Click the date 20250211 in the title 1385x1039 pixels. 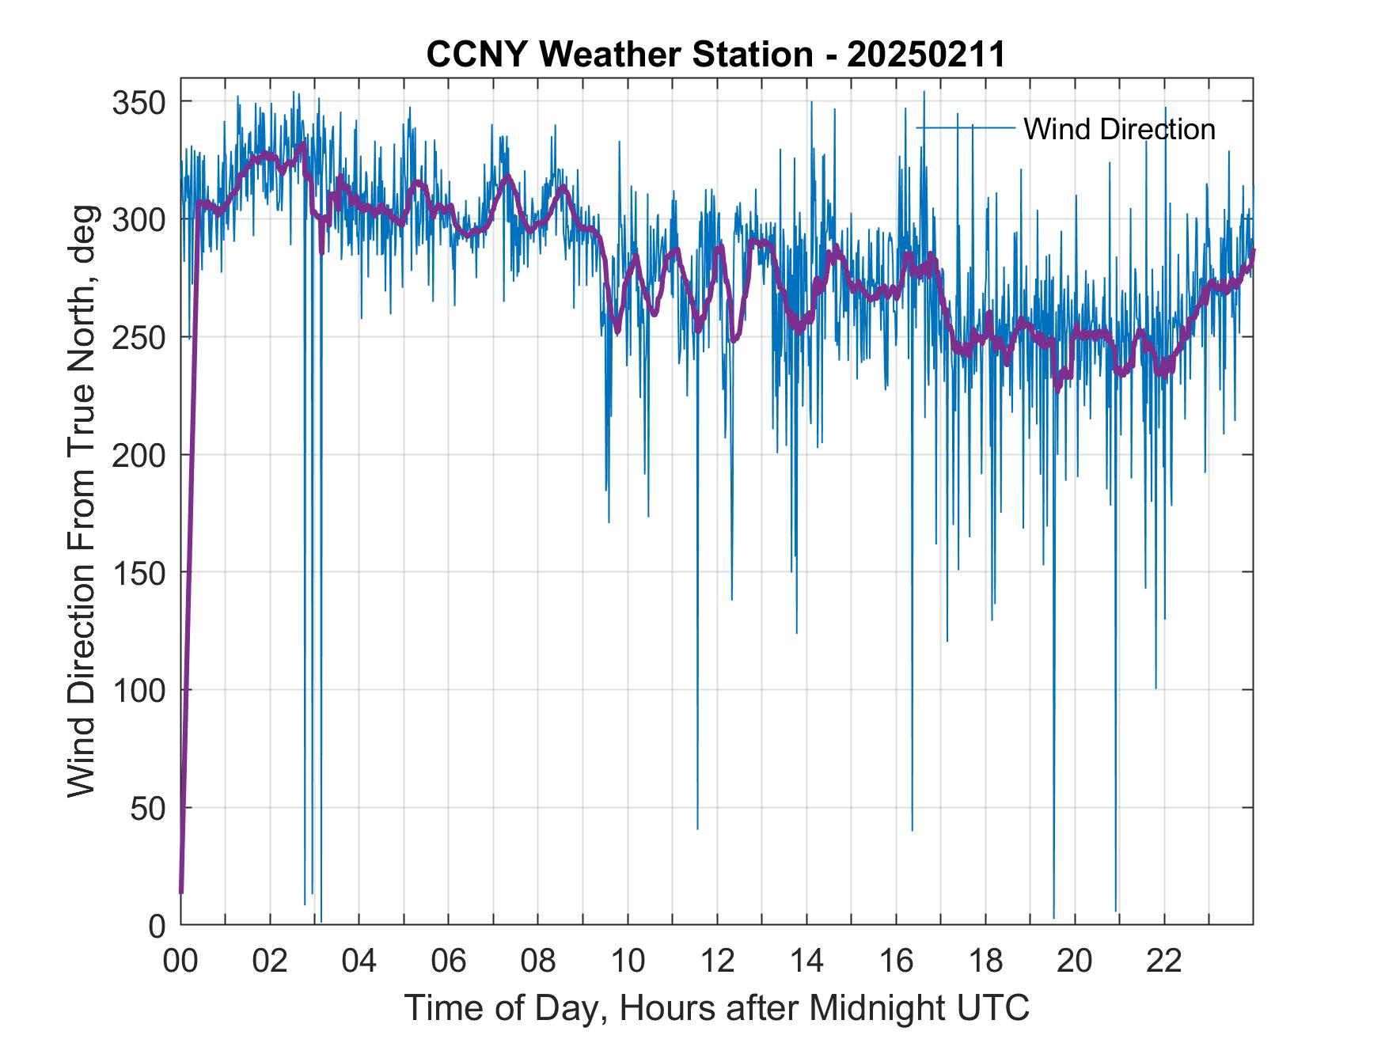point(926,55)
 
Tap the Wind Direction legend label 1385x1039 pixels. point(1119,129)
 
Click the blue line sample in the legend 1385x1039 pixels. point(966,127)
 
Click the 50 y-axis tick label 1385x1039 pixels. point(149,808)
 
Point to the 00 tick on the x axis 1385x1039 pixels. point(181,961)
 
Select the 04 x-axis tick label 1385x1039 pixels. point(359,961)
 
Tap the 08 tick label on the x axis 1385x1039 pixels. point(538,961)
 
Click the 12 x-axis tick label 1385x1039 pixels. point(717,961)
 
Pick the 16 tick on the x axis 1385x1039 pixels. point(896,961)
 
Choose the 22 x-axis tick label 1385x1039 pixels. point(1164,961)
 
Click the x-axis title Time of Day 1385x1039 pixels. point(717,1008)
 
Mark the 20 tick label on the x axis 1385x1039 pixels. point(1075,961)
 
